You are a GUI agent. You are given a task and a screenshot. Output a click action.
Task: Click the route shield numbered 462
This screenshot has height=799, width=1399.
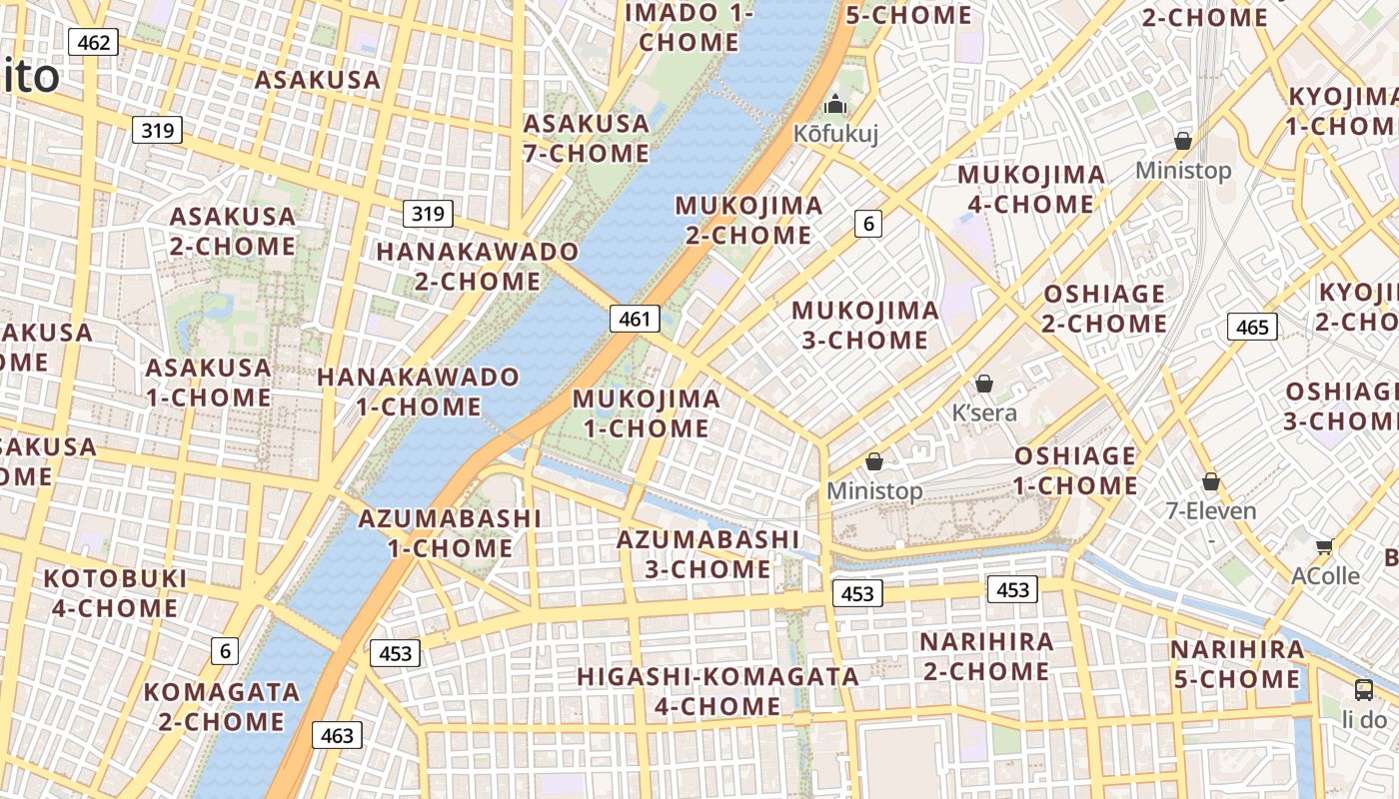pyautogui.click(x=93, y=42)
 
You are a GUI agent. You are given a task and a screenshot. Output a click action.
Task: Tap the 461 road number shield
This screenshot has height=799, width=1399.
pyautogui.click(x=635, y=319)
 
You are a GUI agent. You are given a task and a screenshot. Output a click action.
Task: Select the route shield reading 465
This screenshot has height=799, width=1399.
pyautogui.click(x=1251, y=327)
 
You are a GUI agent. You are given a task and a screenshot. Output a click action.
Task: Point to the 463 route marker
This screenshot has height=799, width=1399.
pyautogui.click(x=337, y=735)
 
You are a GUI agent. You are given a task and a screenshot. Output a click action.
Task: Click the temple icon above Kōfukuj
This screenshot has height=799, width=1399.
pyautogui.click(x=834, y=104)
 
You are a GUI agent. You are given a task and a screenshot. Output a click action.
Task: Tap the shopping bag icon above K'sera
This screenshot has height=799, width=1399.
pyautogui.click(x=984, y=384)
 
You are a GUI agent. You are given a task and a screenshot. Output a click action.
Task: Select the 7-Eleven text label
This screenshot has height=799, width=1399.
pyautogui.click(x=1210, y=511)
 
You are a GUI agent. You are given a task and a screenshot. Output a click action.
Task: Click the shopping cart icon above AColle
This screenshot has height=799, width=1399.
pyautogui.click(x=1325, y=546)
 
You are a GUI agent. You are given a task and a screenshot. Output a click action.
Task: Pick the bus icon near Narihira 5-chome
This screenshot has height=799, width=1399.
pyautogui.click(x=1363, y=689)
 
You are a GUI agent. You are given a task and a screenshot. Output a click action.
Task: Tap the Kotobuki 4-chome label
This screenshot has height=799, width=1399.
pyautogui.click(x=115, y=593)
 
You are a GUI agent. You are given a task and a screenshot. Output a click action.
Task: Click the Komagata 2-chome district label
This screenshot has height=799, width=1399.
pyautogui.click(x=221, y=706)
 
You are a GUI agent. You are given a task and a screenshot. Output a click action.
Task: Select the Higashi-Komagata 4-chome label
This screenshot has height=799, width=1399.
pyautogui.click(x=717, y=691)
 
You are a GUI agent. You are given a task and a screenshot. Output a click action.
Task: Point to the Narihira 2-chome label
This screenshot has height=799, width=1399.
pyautogui.click(x=986, y=656)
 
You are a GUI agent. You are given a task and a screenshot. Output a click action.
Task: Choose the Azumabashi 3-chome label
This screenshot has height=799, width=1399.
pyautogui.click(x=707, y=554)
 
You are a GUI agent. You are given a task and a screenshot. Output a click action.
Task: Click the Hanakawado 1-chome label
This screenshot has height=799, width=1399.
pyautogui.click(x=419, y=392)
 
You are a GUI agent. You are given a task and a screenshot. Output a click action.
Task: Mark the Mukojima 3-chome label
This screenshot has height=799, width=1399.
pyautogui.click(x=865, y=325)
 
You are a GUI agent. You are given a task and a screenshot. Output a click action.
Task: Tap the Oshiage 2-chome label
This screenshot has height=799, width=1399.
pyautogui.click(x=1104, y=309)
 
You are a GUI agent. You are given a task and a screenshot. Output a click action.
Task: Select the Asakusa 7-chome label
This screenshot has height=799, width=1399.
pyautogui.click(x=587, y=138)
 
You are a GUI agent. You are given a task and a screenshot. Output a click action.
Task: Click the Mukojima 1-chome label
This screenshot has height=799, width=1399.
pyautogui.click(x=646, y=413)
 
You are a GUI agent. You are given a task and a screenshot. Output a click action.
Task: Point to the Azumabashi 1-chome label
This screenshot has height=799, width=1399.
pyautogui.click(x=450, y=533)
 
